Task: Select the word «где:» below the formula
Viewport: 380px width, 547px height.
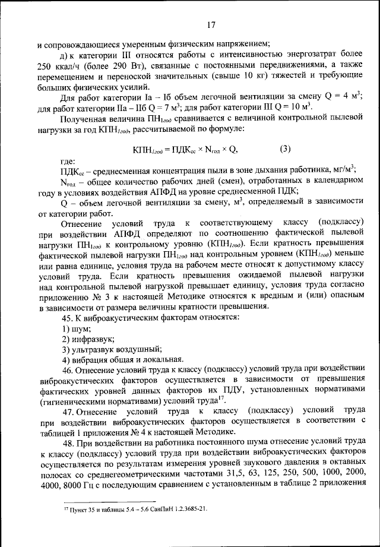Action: point(68,161)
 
